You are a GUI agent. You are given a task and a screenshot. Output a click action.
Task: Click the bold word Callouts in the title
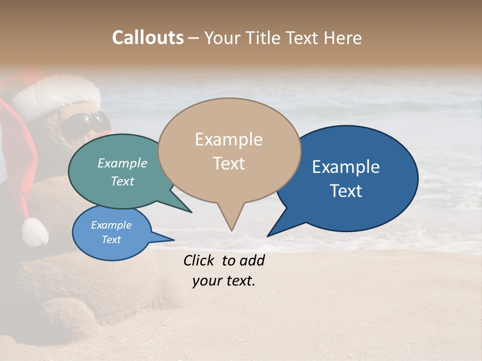point(148,38)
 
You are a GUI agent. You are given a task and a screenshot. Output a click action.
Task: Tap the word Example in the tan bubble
point(228,139)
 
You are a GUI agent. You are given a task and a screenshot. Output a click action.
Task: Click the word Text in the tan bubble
point(228,163)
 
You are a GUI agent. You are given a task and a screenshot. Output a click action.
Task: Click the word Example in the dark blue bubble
point(346,166)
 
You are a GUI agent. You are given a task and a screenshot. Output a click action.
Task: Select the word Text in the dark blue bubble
point(346,191)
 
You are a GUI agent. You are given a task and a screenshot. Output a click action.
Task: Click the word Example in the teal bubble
point(123,163)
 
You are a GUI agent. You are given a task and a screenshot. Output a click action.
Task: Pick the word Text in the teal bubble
point(123,181)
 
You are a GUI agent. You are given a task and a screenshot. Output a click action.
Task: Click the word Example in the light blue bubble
point(111,225)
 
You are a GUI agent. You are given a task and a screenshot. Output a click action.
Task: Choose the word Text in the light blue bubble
point(111,240)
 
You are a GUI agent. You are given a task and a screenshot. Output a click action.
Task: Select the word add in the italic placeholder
point(252,260)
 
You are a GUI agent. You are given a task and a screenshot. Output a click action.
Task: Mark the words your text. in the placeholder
point(224,281)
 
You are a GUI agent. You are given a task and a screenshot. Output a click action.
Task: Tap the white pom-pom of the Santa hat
point(35,232)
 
